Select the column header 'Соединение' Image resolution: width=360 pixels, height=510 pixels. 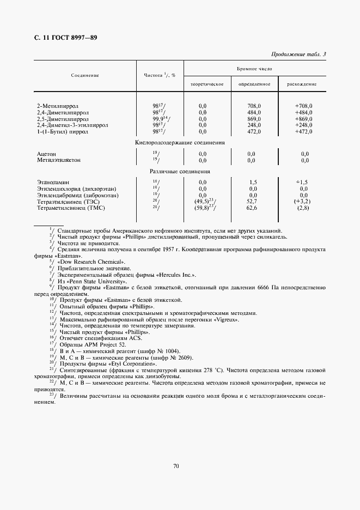[84, 75]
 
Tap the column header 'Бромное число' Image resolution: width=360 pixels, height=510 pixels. [254, 70]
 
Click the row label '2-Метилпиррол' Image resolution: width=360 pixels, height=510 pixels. [56, 105]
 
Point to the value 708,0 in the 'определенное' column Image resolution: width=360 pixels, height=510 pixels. [254, 105]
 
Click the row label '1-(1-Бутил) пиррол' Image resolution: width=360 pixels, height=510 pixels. [62, 131]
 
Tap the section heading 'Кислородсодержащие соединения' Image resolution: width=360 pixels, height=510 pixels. [180, 142]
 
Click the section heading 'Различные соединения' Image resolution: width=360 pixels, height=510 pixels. [180, 171]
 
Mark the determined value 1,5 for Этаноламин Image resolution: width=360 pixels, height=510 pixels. [253, 182]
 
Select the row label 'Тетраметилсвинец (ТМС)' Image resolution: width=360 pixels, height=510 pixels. [70, 208]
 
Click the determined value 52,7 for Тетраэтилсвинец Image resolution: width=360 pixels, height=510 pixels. [253, 201]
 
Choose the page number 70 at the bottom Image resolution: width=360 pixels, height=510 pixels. [176, 466]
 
